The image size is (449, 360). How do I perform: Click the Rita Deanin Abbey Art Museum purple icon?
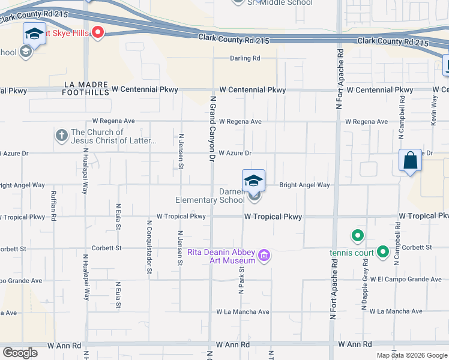263,257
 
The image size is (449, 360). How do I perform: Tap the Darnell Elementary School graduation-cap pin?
253,180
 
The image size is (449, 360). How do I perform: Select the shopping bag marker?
410,161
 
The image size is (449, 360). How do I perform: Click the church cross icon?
61,136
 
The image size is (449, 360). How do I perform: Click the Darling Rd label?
245,58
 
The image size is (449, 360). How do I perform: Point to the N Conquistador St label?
148,247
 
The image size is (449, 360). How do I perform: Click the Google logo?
20,353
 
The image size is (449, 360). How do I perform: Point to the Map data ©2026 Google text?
411,355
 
